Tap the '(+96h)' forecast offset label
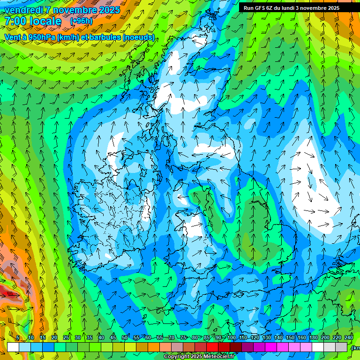81,21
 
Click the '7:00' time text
15,22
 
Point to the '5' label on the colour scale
18,337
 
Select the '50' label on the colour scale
124,337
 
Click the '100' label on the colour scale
231,337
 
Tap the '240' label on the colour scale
349,337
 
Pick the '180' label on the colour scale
313,337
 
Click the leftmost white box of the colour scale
13,347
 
